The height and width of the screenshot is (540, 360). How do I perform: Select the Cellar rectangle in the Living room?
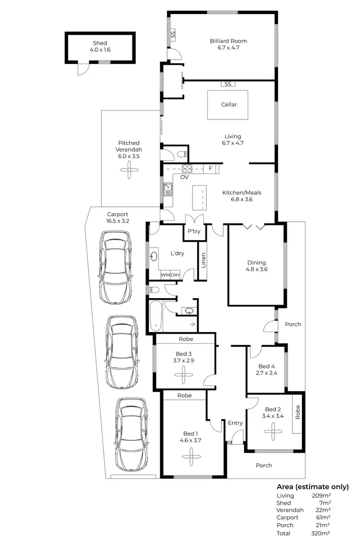228,105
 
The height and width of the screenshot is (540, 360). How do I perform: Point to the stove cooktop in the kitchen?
187,168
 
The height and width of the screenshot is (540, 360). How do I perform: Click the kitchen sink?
168,189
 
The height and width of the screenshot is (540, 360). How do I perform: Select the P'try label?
193,231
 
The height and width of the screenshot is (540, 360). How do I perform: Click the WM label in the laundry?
165,275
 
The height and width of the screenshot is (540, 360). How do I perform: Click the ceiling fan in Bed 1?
192,457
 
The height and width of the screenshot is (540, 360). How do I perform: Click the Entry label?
235,423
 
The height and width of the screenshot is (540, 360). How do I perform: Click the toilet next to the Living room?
181,154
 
